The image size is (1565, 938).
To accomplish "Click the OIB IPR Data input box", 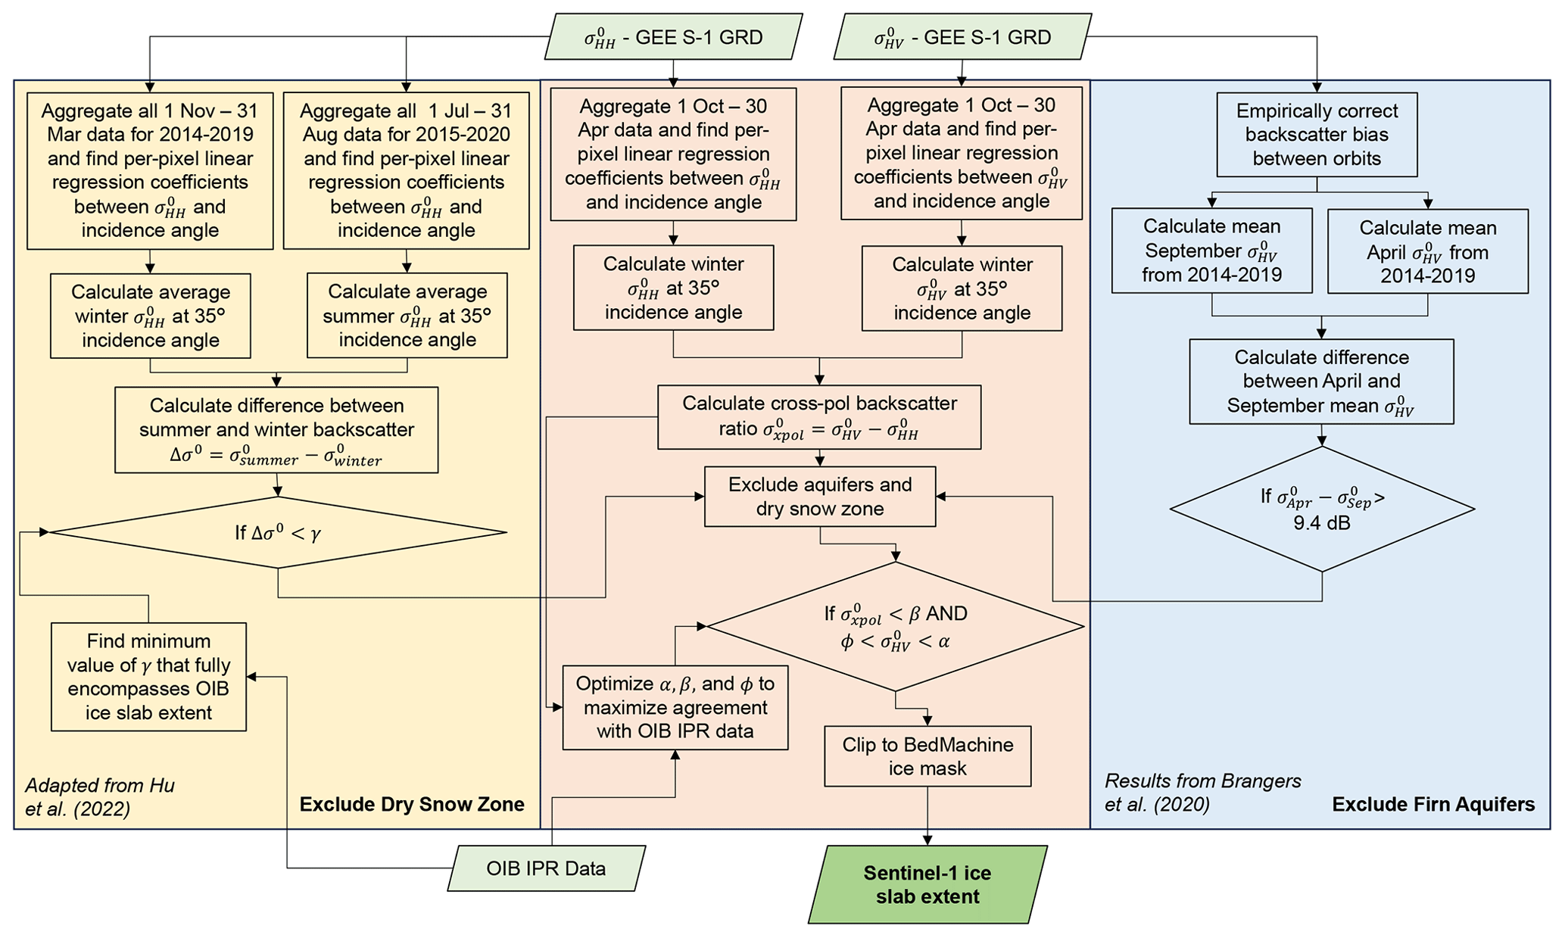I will click(x=546, y=868).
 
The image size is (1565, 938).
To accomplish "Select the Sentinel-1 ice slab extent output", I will click(x=927, y=884).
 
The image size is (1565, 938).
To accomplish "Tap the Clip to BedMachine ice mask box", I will click(x=927, y=756).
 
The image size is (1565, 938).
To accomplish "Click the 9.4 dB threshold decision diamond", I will click(x=1322, y=510).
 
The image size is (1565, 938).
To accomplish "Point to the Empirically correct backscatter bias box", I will click(x=1317, y=135).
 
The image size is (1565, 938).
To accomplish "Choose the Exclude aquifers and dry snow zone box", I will click(x=820, y=497).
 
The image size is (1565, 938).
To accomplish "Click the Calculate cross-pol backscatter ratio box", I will click(x=819, y=417).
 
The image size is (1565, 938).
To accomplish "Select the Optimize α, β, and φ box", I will click(x=675, y=707).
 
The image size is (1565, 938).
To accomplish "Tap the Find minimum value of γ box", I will click(x=149, y=677).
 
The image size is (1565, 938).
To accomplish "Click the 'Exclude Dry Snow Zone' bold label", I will click(x=412, y=804).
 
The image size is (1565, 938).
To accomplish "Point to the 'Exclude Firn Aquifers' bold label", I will click(x=1433, y=804).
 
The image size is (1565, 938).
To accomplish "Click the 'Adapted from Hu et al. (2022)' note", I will click(x=100, y=797).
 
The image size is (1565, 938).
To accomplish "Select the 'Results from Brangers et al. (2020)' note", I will click(x=1202, y=792).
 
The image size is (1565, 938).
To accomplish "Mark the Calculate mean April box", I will click(x=1428, y=251).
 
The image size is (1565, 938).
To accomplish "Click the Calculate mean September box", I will click(x=1211, y=251).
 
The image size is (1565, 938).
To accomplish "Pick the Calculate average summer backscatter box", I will click(x=407, y=316).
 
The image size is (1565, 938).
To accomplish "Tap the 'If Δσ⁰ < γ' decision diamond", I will click(x=278, y=533).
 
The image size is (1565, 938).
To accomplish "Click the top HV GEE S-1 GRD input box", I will click(x=962, y=37).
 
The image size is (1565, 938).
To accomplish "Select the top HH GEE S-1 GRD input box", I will click(x=673, y=37).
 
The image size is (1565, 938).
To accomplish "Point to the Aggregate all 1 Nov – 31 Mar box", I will click(x=150, y=170).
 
